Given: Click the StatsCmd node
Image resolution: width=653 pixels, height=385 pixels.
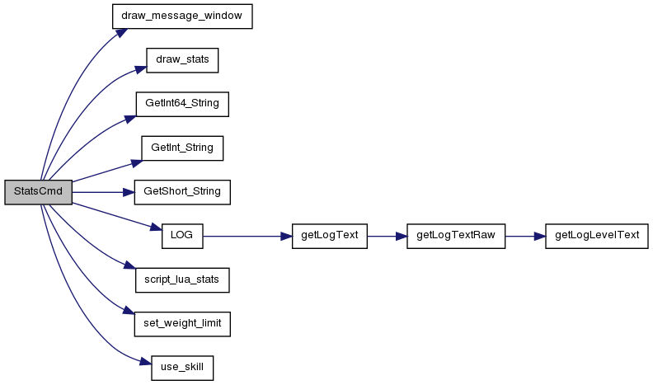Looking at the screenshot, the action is click(38, 192).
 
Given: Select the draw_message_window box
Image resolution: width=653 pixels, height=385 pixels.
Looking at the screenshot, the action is click(182, 16).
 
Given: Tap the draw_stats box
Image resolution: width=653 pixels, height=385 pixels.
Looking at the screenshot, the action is click(182, 60).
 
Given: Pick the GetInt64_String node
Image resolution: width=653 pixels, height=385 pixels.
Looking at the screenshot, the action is click(182, 104).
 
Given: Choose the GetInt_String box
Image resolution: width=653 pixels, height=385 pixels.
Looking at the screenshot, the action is click(182, 148).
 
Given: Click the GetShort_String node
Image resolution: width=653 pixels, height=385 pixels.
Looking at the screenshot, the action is click(182, 192).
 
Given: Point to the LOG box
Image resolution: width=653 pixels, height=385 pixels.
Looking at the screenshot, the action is click(182, 237).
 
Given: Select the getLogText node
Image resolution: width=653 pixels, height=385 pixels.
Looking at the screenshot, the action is click(330, 237).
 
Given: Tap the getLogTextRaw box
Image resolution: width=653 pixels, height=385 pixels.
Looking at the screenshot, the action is click(456, 237).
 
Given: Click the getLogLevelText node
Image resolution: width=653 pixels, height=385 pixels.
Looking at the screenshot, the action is click(597, 237).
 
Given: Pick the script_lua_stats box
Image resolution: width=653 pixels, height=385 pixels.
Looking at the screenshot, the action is click(182, 280).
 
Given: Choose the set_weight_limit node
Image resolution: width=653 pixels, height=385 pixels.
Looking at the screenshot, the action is click(182, 324).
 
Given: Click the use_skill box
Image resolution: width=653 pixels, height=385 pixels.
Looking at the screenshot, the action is click(182, 368).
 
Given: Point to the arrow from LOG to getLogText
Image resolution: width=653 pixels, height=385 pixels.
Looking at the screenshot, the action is click(247, 237).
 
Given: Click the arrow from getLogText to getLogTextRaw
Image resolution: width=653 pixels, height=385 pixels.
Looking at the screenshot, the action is click(387, 237).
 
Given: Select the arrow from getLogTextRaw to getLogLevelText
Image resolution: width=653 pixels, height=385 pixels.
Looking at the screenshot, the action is click(525, 237).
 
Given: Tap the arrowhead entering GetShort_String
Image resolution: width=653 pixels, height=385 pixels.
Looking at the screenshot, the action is click(129, 192).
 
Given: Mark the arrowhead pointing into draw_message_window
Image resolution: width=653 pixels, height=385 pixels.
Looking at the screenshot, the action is click(120, 33).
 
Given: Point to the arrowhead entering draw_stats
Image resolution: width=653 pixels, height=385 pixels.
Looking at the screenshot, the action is click(141, 69).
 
